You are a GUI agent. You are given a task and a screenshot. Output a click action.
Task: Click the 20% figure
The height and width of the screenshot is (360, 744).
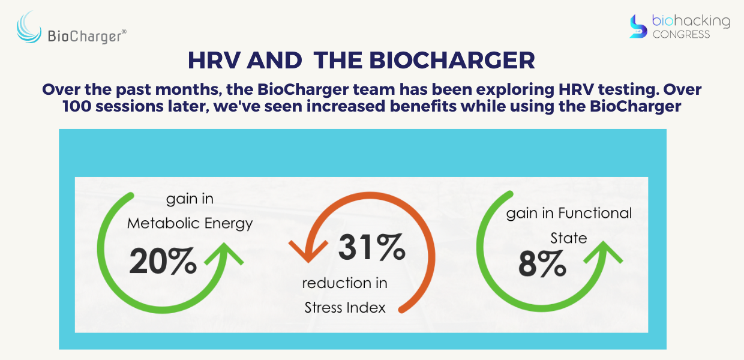coord(163,262)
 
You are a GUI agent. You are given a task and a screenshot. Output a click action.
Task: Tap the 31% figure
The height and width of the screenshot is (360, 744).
coord(372,247)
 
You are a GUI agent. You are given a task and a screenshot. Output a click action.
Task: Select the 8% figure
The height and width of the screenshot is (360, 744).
coord(542,264)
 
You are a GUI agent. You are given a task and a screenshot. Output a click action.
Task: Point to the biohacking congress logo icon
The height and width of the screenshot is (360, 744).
coord(638,26)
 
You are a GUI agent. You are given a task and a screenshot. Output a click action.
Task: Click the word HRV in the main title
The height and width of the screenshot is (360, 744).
coord(214,61)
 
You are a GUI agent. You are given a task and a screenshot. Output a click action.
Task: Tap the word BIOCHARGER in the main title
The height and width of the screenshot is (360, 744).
coord(452,61)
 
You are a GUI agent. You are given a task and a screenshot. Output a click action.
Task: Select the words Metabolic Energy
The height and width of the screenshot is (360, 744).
coord(190,224)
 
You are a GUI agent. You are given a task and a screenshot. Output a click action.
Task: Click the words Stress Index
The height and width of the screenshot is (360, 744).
coord(345,308)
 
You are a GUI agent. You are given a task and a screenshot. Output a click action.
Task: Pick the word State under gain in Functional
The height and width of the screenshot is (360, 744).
coord(569,238)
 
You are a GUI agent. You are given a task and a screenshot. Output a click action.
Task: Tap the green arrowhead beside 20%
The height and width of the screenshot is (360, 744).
coord(224,254)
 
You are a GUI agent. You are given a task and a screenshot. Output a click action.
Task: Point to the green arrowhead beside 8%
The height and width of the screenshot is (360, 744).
coord(603,252)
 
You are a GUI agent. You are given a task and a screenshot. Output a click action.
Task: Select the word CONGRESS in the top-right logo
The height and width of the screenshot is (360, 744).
coord(681,35)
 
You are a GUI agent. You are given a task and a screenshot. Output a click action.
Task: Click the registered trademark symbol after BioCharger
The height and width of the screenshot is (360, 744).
coord(124,32)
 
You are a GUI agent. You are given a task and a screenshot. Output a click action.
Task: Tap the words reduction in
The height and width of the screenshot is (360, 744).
coord(345,283)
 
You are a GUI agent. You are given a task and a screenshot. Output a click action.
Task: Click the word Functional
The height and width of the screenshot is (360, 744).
coord(595,213)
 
